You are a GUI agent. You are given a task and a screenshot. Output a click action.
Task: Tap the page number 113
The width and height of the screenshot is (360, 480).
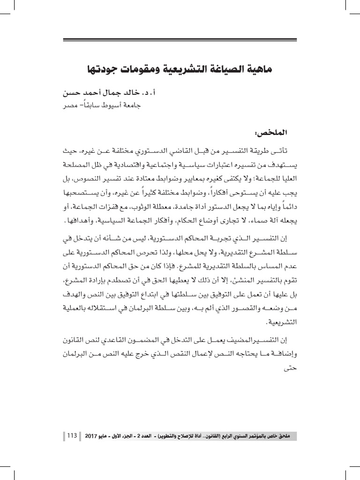pos(72,436)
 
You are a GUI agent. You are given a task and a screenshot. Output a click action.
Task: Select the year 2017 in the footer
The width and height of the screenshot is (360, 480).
pos(91,436)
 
